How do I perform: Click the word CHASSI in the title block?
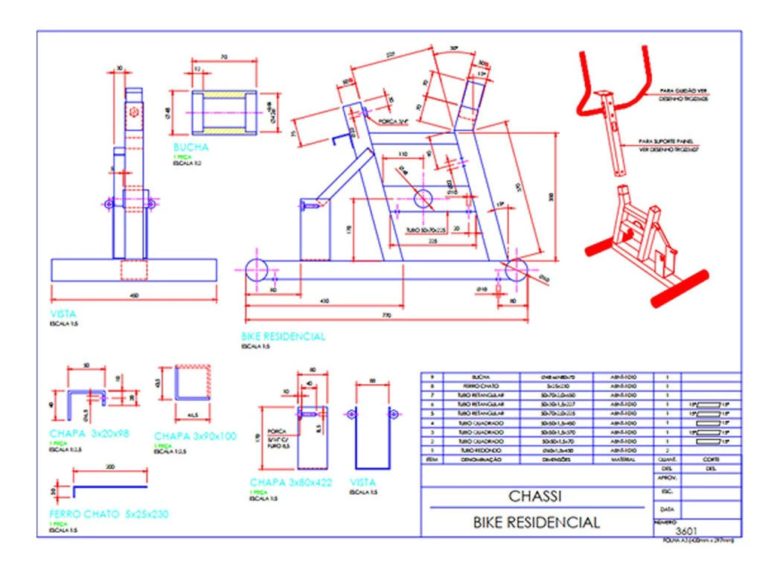click(x=534, y=496)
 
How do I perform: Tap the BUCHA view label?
click(x=191, y=147)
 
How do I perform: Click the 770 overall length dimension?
click(x=386, y=315)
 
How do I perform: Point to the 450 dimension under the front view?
click(x=135, y=296)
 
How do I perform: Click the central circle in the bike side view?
click(x=424, y=199)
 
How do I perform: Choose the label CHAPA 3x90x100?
click(x=195, y=436)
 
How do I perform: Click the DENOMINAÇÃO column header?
click(x=475, y=460)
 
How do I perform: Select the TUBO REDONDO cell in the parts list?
click(x=475, y=451)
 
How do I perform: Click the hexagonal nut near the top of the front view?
click(x=133, y=112)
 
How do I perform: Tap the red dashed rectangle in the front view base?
click(x=134, y=269)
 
